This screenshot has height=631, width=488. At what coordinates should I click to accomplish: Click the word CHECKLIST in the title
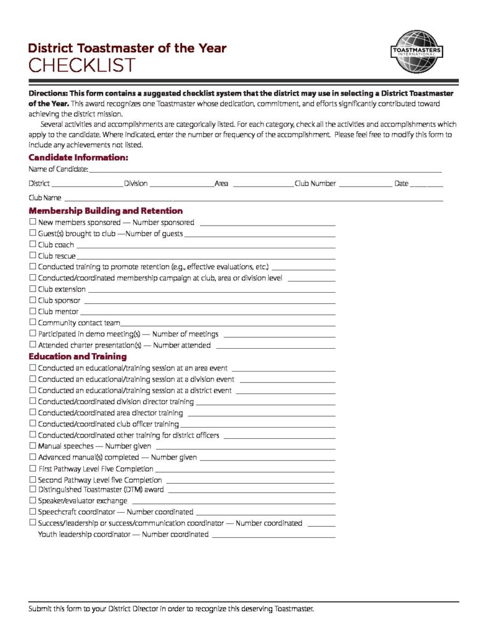pyautogui.click(x=81, y=65)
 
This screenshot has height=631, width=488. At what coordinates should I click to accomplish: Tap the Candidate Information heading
pyautogui.click(x=78, y=158)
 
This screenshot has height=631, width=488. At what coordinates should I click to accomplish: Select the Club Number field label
pyautogui.click(x=315, y=184)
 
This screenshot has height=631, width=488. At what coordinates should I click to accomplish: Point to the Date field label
pyautogui.click(x=401, y=184)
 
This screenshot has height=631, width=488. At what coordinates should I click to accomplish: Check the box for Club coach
pyautogui.click(x=33, y=245)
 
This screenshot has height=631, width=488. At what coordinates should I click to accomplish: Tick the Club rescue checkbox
pyautogui.click(x=33, y=256)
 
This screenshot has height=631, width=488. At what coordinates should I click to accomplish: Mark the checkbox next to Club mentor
pyautogui.click(x=33, y=312)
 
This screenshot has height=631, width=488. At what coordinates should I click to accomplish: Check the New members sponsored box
pyautogui.click(x=33, y=222)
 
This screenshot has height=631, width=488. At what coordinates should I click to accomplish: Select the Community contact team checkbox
pyautogui.click(x=33, y=323)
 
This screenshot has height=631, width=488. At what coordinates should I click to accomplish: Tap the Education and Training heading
pyautogui.click(x=78, y=357)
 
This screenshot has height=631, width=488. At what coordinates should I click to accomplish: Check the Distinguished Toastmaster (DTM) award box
pyautogui.click(x=33, y=490)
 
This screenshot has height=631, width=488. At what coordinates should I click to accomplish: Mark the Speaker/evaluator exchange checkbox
pyautogui.click(x=33, y=501)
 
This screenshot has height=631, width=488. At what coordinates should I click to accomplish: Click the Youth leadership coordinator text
pyautogui.click(x=123, y=534)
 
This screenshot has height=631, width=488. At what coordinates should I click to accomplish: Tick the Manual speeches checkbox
pyautogui.click(x=33, y=446)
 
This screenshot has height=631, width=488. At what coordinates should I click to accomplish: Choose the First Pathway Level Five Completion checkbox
pyautogui.click(x=33, y=469)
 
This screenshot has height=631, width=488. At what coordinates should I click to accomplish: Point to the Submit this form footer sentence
pyautogui.click(x=172, y=609)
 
